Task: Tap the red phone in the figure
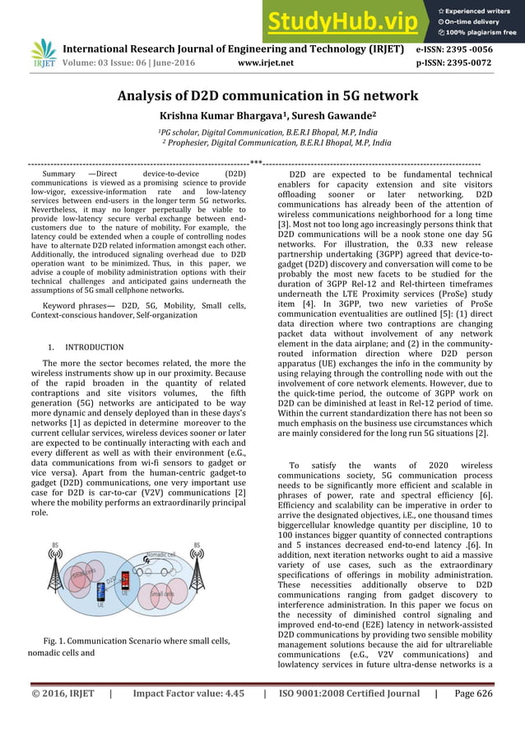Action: pyautogui.click(x=125, y=581)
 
